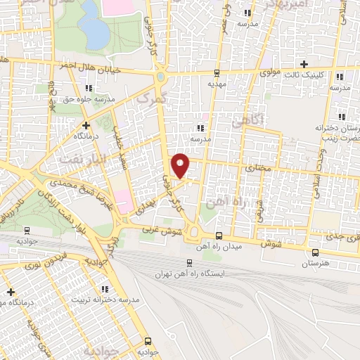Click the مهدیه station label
(x=216, y=83)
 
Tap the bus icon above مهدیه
(x=216, y=72)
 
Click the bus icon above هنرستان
(x=314, y=252)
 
